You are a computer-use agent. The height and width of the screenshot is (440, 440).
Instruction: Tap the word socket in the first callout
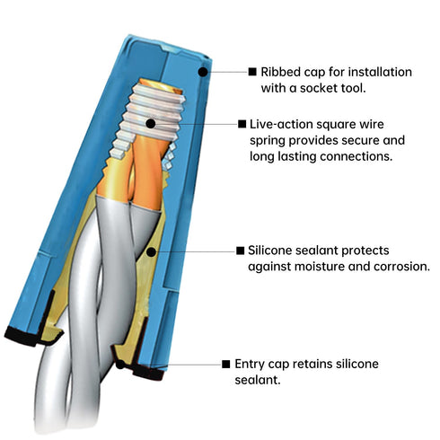point(320,88)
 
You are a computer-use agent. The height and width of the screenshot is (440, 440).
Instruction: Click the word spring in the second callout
point(268,141)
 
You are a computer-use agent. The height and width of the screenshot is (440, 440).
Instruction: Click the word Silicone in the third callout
point(269,251)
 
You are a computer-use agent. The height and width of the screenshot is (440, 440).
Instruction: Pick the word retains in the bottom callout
point(312,364)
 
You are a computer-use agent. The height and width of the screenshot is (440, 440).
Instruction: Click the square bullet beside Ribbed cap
point(252,72)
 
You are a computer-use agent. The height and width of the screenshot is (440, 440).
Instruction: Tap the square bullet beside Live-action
point(242,124)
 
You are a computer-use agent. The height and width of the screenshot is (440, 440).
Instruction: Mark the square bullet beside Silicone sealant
point(240,251)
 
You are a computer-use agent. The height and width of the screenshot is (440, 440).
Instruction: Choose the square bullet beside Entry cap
point(226,364)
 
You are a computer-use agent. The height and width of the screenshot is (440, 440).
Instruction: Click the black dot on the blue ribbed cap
point(203,72)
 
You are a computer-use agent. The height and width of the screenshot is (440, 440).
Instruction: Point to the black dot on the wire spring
point(151,123)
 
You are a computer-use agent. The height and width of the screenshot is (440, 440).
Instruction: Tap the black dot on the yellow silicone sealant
point(151,252)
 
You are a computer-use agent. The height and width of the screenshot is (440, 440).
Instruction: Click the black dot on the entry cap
point(120,365)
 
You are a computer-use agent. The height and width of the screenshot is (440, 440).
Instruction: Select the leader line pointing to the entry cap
point(187,365)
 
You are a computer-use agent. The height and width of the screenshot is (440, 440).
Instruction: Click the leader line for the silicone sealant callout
point(196,251)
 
